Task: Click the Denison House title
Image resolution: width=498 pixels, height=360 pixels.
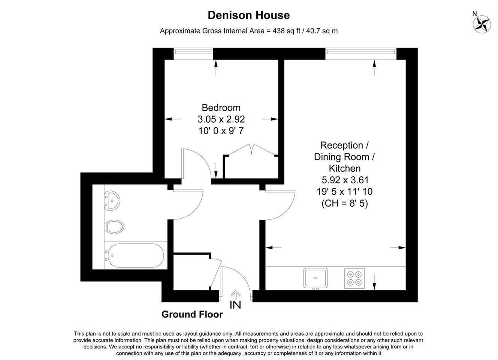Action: click(249, 15)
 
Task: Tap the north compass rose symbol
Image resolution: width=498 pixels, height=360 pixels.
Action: click(482, 24)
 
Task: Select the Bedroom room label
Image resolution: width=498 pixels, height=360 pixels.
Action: click(221, 108)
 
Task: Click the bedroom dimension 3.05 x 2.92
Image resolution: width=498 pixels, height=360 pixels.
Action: click(221, 119)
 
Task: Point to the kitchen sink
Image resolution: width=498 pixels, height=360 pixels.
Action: click(315, 278)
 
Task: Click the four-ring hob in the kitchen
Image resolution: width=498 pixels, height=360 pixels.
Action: click(354, 278)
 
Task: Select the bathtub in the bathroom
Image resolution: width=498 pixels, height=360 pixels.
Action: click(135, 255)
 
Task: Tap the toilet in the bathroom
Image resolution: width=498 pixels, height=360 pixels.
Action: click(114, 227)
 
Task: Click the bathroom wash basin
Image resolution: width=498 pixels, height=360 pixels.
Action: click(112, 201)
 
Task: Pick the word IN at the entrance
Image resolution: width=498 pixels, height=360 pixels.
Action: click(235, 305)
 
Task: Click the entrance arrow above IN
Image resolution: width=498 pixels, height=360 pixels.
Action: click(235, 295)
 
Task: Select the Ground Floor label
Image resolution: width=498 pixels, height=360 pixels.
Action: click(192, 314)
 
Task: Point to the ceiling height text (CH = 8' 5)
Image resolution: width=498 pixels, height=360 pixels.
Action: click(345, 203)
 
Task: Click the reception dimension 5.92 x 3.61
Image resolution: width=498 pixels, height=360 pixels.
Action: click(345, 180)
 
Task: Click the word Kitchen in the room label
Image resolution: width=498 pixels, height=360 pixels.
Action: click(345, 168)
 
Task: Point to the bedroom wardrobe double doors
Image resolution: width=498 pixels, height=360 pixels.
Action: click(252, 150)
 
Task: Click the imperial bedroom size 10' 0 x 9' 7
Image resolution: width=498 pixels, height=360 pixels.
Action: click(221, 131)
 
